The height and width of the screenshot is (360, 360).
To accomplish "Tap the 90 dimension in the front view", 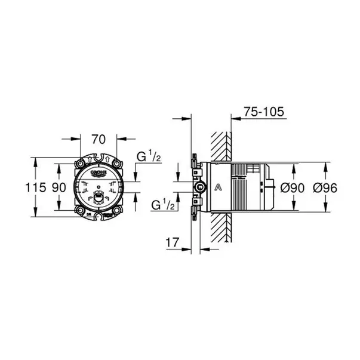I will (x=59, y=187).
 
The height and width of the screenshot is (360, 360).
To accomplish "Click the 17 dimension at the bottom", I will (x=173, y=244).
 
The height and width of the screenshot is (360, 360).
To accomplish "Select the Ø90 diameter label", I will (x=293, y=187).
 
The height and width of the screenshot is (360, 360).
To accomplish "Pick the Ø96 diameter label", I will (x=326, y=187).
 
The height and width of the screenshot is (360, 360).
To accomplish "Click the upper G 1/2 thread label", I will (x=149, y=157).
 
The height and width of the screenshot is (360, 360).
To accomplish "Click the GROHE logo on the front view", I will (x=99, y=173).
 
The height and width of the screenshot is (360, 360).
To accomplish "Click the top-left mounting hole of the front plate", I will (x=79, y=162).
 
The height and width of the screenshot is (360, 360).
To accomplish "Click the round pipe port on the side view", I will (x=198, y=187).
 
